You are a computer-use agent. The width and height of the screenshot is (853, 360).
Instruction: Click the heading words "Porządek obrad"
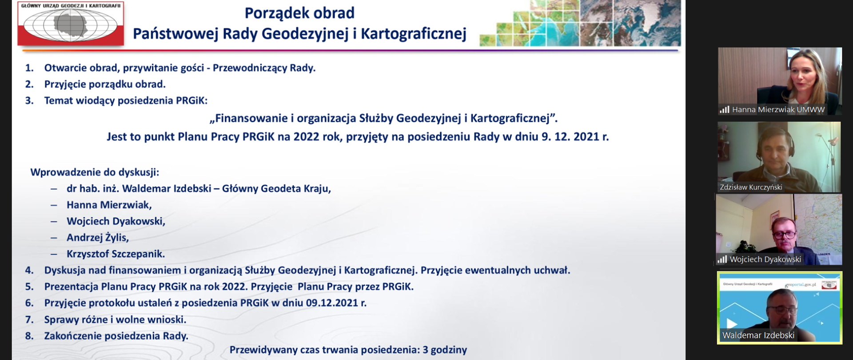tap(299, 13)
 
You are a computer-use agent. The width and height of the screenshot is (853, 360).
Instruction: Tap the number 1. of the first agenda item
tap(29, 68)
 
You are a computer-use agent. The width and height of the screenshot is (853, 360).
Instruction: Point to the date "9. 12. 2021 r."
tap(575, 136)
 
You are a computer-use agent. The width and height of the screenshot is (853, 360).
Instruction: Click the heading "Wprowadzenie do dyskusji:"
tap(95, 172)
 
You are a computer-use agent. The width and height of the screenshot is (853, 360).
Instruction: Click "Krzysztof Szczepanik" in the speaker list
tap(115, 254)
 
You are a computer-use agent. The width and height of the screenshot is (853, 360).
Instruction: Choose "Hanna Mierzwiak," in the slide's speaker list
tap(109, 205)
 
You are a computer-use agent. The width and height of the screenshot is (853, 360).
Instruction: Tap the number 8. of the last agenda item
tap(29, 336)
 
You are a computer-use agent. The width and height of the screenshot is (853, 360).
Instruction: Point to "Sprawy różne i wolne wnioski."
tap(115, 320)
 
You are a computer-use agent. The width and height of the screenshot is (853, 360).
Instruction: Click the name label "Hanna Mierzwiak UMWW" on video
tap(778, 110)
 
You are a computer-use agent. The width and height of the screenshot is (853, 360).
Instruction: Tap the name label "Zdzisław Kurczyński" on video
tap(751, 188)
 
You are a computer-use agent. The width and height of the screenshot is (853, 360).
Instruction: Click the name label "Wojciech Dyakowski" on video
tap(765, 260)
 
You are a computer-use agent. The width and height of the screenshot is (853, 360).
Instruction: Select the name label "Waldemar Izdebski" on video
tap(758, 336)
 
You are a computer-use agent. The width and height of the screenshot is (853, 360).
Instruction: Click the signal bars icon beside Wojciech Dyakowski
tap(722, 260)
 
